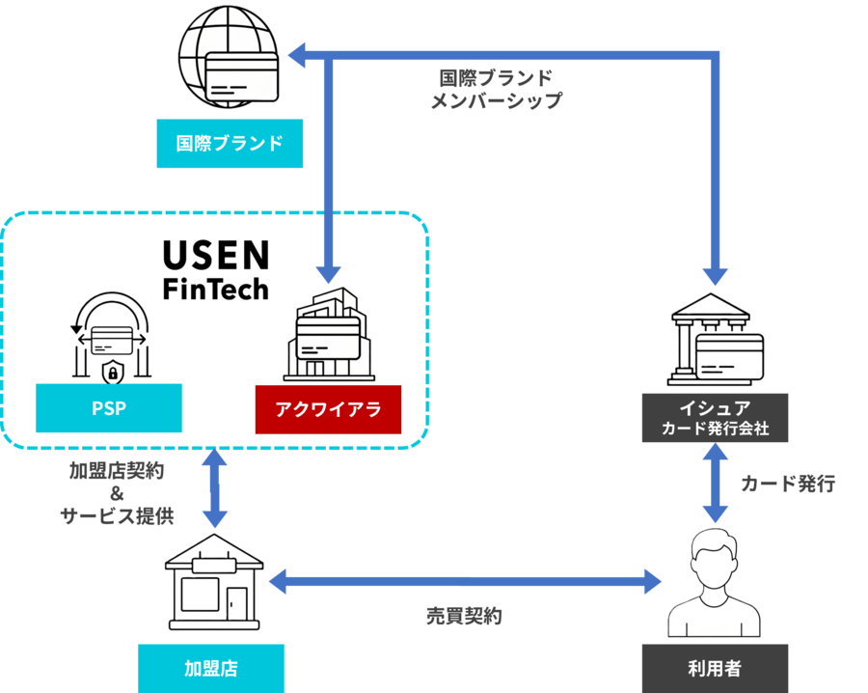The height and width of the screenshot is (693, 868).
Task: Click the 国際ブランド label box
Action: (230, 144)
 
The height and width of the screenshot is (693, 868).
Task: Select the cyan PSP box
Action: (108, 408)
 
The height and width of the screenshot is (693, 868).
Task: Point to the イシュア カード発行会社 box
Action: (715, 418)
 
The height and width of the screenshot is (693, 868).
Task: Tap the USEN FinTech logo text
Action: (215, 270)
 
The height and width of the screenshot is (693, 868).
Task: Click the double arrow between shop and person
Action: (465, 582)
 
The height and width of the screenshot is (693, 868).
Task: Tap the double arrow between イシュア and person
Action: (714, 485)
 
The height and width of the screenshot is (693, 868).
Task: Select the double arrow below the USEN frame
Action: (214, 489)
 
